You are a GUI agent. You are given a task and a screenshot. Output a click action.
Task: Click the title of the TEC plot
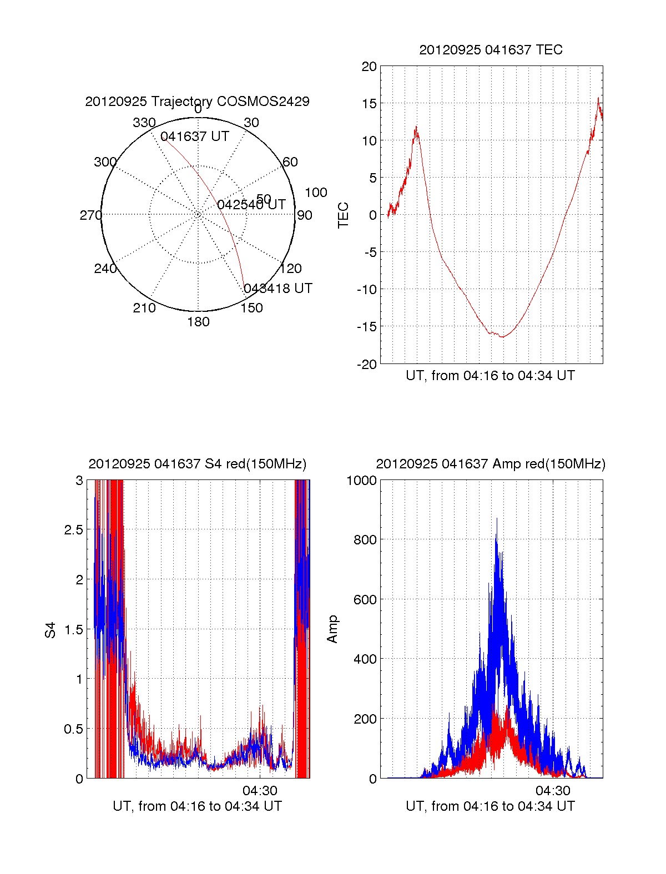point(491,50)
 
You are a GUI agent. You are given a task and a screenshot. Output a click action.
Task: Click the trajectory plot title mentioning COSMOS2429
point(197,102)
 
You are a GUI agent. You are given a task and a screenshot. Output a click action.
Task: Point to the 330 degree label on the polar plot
point(144,123)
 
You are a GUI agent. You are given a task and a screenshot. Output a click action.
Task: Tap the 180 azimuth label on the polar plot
point(198,322)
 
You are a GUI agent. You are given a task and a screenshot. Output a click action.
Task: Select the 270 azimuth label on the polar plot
point(90,215)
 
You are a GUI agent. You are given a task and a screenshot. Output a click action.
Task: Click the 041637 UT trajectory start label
point(195,137)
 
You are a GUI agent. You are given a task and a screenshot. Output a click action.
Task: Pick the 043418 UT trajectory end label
point(278,289)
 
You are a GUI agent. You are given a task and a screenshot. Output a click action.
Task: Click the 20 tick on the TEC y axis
point(369,67)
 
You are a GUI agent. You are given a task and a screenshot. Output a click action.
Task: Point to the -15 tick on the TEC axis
point(366,326)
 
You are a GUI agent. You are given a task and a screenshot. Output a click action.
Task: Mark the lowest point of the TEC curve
point(502,337)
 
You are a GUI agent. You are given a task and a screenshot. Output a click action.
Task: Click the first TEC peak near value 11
point(416,128)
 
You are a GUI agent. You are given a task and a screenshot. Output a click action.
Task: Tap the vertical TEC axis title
point(344,215)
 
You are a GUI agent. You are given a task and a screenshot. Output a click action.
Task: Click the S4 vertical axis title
point(51,630)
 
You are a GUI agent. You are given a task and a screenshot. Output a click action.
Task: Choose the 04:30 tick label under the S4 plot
point(260,790)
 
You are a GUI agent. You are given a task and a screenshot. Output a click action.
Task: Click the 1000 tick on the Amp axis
point(361,481)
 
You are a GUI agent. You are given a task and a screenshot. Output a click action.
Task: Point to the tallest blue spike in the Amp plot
point(497,519)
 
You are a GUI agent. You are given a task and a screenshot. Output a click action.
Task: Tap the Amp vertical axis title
point(332,629)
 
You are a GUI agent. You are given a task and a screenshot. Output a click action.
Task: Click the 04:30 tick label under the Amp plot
point(553,790)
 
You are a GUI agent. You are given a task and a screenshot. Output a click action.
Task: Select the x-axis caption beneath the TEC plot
point(490,376)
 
